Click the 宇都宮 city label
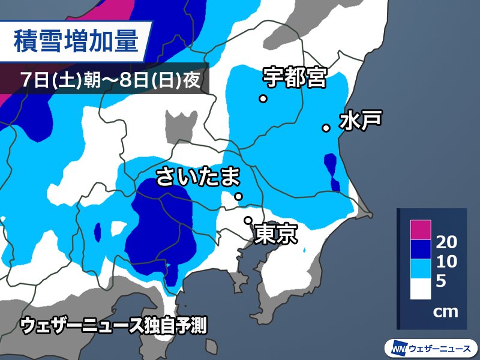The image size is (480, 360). point(294,77)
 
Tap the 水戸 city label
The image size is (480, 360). point(360,121)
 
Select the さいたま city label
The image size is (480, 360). point(198,177)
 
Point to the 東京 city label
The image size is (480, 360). point(276,234)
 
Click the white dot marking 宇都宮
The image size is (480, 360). point(263,99)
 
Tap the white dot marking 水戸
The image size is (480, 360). point(326,127)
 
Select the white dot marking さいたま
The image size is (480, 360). point(238,196)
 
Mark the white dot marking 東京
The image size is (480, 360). point(247,220)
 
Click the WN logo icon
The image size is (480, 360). point(398,347)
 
